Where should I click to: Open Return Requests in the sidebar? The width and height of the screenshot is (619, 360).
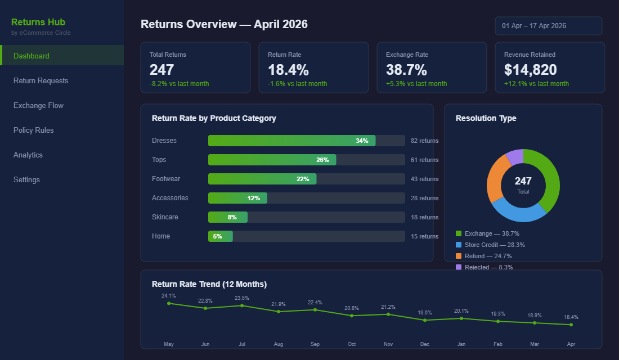click(41, 81)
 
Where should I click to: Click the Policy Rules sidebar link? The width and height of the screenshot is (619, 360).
click(34, 130)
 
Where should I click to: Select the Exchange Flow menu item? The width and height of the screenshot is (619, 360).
click(38, 106)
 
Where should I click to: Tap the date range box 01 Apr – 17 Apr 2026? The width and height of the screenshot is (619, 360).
click(548, 26)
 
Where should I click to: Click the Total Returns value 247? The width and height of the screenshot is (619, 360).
click(162, 70)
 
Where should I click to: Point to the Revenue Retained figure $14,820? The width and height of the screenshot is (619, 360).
click(530, 70)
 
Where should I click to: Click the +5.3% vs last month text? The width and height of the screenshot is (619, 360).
click(416, 84)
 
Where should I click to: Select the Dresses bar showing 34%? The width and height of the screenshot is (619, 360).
click(291, 141)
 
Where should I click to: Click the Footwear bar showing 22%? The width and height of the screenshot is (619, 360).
click(262, 179)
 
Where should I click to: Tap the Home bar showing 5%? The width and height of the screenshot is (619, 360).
click(220, 236)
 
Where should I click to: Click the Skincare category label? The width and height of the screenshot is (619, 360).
click(165, 217)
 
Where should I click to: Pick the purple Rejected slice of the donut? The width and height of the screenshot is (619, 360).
click(514, 157)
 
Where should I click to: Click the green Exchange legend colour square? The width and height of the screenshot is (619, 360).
click(459, 233)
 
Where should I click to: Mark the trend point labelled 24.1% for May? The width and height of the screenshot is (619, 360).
click(169, 303)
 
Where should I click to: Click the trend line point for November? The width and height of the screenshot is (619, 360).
click(388, 314)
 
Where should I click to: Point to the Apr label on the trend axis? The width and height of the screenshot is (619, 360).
click(571, 344)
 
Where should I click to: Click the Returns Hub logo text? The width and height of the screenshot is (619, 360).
click(38, 22)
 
